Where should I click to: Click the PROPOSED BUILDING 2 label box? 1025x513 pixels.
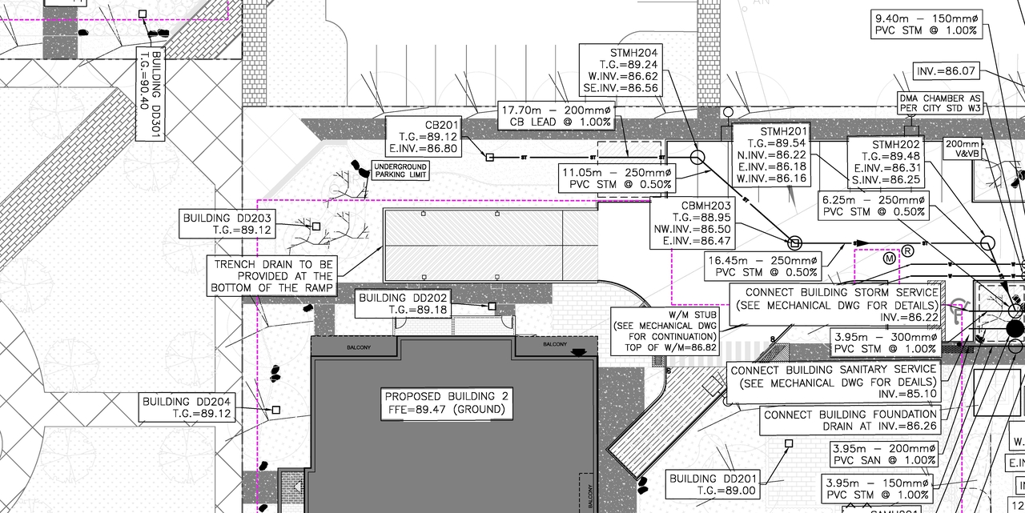click(x=446, y=403)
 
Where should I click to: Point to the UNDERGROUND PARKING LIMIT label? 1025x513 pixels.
click(x=400, y=170)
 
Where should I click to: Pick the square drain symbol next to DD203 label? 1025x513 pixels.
click(x=316, y=226)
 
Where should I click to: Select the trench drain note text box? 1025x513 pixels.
click(x=272, y=275)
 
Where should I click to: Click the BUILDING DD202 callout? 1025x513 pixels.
click(x=404, y=303)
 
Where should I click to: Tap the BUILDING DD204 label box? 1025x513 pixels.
click(x=187, y=407)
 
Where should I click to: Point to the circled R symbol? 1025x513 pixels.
click(x=908, y=250)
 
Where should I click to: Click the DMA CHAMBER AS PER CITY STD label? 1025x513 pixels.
click(x=939, y=102)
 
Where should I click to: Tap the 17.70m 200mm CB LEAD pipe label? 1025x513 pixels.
click(x=556, y=116)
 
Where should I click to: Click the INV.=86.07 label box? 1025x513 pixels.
click(x=947, y=71)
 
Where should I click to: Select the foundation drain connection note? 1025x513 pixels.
click(x=850, y=420)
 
